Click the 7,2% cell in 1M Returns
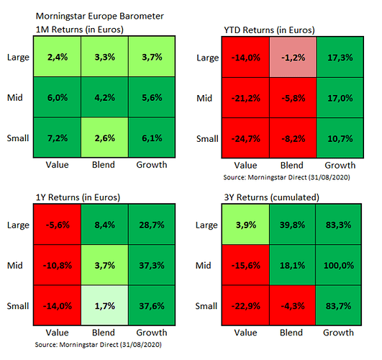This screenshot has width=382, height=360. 58,138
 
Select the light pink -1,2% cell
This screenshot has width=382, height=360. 293,58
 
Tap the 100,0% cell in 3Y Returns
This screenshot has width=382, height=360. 338,265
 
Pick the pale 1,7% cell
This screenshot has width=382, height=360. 104,305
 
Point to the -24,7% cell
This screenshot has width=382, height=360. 245,138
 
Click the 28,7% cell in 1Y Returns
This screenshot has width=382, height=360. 152,225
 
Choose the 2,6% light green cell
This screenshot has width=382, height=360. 104,138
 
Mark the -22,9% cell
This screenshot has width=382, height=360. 245,305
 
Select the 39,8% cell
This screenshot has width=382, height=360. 292,225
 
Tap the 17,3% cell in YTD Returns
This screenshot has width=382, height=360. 340,58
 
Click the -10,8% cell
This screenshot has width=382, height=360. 58,265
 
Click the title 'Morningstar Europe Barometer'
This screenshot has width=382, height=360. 100,16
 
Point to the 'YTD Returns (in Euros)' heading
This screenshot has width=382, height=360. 269,30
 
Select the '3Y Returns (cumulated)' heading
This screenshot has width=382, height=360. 272,197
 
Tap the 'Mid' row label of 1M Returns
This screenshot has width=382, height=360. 15,98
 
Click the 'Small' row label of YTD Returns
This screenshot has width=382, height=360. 207,138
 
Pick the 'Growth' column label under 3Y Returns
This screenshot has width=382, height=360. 338,333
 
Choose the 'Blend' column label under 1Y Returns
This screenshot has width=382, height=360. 104,333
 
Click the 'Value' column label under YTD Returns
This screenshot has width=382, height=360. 245,165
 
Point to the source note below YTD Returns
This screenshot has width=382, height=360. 287,177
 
